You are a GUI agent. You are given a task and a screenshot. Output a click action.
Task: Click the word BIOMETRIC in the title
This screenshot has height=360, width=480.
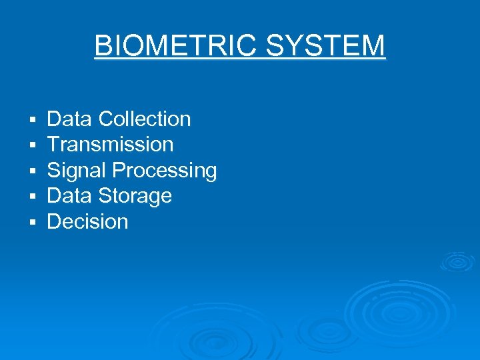[x=177, y=46]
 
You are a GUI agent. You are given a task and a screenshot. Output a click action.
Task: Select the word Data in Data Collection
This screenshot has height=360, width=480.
[x=69, y=119]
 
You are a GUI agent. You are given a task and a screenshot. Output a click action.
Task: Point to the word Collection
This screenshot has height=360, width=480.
[x=145, y=119]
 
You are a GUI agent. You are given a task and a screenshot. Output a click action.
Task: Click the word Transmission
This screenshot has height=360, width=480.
[x=110, y=145]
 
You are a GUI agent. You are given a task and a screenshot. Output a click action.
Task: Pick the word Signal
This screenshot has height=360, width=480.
[x=77, y=171]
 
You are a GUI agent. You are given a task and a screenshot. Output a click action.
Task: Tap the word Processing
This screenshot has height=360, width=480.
[x=165, y=171]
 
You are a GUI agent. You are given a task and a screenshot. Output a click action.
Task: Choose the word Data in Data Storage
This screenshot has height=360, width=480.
[x=69, y=196]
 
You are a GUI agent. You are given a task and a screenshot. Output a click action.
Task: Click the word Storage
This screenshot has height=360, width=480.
[x=135, y=196]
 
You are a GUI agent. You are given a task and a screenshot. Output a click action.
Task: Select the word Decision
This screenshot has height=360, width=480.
[x=87, y=221]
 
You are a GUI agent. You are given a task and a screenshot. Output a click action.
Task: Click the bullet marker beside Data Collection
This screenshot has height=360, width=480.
[x=32, y=121]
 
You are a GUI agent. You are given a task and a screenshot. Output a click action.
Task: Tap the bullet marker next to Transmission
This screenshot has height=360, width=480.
[x=32, y=146]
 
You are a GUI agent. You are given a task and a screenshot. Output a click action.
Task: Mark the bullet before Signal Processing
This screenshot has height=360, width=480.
[x=32, y=171]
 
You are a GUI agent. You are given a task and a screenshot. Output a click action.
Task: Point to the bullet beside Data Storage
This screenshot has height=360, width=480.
[x=32, y=197]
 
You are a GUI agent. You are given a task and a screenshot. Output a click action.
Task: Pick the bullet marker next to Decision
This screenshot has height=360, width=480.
[x=32, y=222]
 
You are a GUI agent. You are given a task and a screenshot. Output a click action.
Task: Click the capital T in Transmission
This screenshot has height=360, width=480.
[x=53, y=145]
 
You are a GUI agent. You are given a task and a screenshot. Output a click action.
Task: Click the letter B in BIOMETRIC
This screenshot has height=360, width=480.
[x=103, y=46]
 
